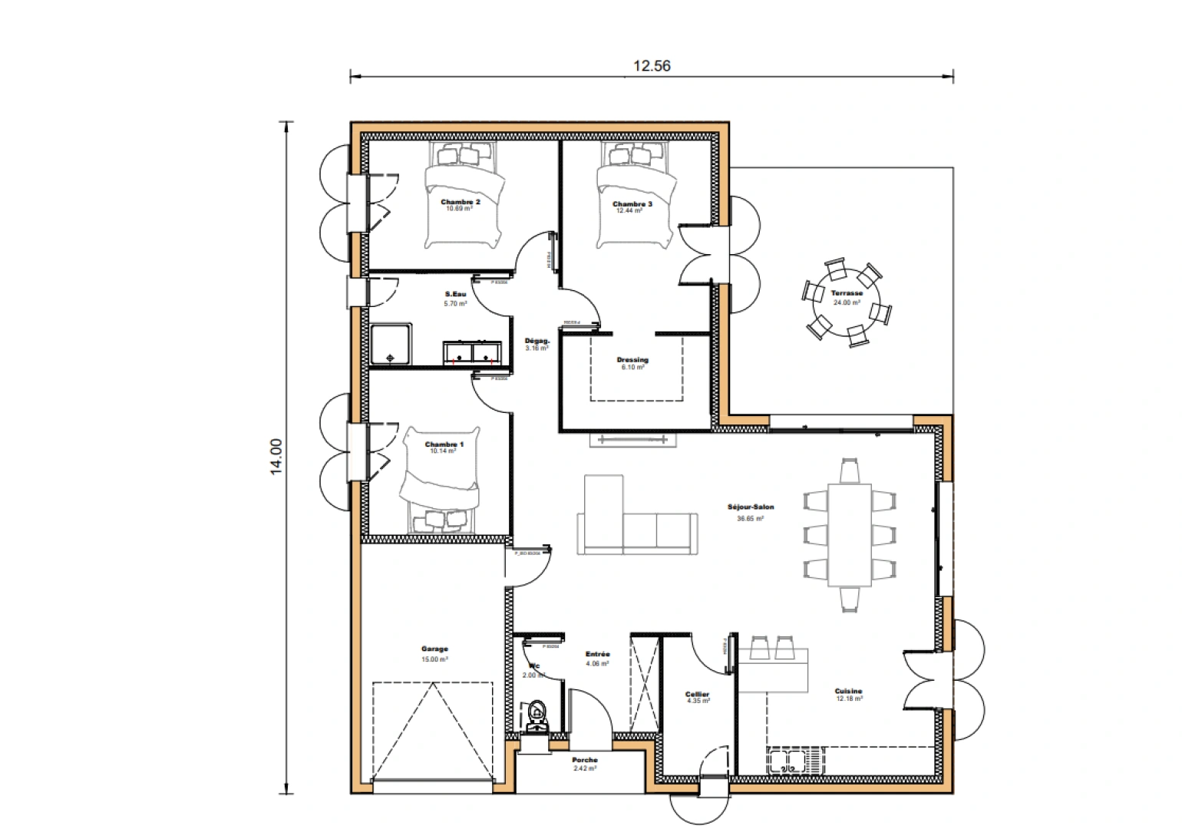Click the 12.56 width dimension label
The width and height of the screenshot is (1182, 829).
coord(651,66)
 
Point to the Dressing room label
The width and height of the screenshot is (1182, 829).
coord(632,359)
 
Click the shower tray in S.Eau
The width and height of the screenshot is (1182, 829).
coord(391,345)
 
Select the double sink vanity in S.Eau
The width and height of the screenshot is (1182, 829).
coord(472,353)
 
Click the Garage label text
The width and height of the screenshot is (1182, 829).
coord(434,649)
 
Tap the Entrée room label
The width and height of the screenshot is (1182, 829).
coord(597,654)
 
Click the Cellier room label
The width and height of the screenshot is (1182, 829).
coord(697,695)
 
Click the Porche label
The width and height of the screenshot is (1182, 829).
coord(585,760)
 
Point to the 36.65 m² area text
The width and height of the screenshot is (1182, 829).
coord(750,519)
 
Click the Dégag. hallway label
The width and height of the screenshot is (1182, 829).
coord(536,341)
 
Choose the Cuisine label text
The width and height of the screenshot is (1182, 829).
coord(848,691)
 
